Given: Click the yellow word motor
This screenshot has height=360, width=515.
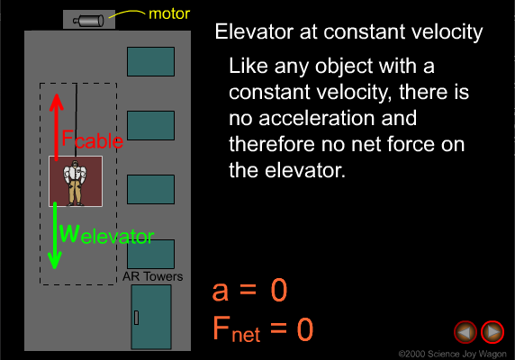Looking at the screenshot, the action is [x=169, y=13].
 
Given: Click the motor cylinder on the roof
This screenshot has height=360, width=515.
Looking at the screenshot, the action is [x=88, y=21].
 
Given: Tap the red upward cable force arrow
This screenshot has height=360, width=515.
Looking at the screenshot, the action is [x=57, y=127].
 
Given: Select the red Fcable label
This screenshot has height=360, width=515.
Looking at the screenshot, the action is [x=93, y=139].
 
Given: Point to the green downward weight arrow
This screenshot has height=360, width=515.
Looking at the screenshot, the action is [x=55, y=236].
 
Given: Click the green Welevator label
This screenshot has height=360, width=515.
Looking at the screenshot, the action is [x=106, y=234].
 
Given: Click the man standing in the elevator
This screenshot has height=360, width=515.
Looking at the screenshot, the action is [x=76, y=183].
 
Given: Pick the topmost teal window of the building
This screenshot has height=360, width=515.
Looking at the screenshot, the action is [x=150, y=62].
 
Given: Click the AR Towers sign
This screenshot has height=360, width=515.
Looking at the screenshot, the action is [x=153, y=276].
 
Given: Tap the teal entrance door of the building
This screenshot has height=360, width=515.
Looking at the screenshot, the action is [x=151, y=317].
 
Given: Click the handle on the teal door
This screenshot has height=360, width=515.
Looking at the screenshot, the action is [x=136, y=318].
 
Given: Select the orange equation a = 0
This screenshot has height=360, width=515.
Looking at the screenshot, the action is [x=250, y=290].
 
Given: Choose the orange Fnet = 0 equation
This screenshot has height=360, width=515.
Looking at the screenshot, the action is [x=263, y=328].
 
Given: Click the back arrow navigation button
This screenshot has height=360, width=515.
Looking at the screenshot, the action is [x=465, y=332].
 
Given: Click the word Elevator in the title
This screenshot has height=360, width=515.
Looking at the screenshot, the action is [x=254, y=31].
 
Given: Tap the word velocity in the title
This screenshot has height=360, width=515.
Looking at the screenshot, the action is [x=447, y=32].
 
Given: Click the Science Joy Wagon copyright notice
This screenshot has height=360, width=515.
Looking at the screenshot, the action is [x=452, y=354].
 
